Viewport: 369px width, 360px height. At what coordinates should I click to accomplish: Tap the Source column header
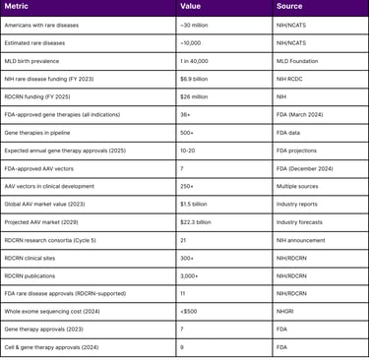tap(289, 8)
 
